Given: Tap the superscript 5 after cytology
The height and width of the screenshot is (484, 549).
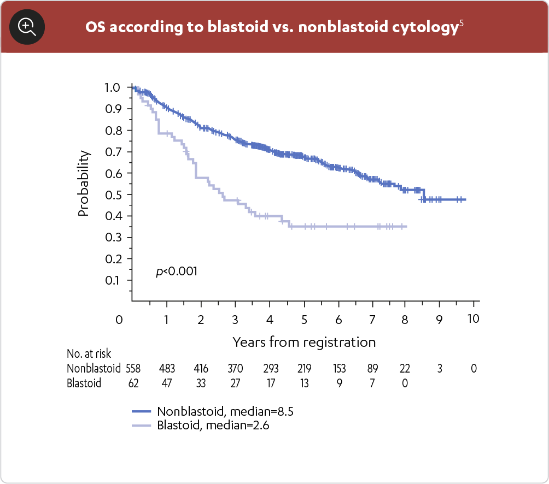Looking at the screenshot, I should point(462,23).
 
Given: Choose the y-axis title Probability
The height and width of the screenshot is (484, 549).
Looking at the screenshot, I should point(84,184).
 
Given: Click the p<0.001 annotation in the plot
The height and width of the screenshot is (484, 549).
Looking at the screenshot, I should point(177,270).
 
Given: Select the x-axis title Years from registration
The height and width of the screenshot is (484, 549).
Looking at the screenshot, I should point(304,343).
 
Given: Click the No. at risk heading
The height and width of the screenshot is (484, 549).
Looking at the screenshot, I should point(89,354).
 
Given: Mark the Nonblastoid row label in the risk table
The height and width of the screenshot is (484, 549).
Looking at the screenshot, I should point(92,368).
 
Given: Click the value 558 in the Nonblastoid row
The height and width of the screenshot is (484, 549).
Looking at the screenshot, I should point(132,368).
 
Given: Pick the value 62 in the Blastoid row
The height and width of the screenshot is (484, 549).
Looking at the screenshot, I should point(132,383).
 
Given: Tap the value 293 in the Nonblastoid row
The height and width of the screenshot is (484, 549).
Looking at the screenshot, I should point(270,368).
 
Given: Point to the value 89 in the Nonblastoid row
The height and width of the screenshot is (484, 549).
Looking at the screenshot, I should point(373,368).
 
